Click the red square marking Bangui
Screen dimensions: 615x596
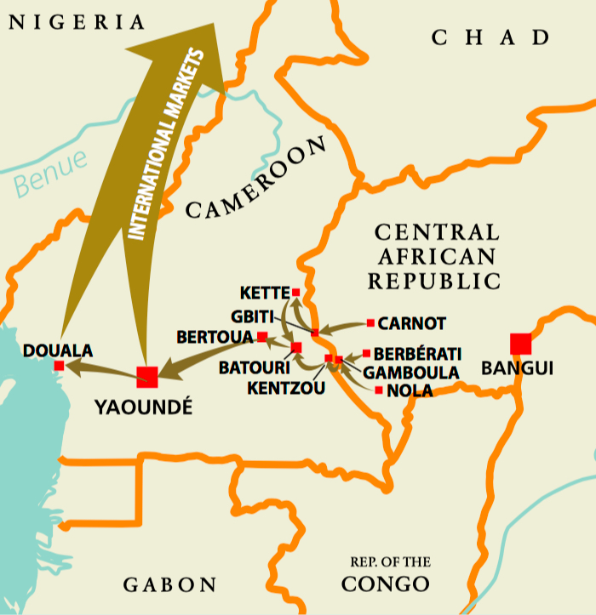tap(520, 344)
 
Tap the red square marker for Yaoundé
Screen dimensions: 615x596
tap(147, 376)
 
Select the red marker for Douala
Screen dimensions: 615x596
tap(59, 366)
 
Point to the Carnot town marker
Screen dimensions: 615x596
tap(370, 323)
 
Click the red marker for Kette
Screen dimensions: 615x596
tap(295, 293)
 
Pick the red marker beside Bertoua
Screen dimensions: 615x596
tap(262, 337)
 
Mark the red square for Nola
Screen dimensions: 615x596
tap(379, 390)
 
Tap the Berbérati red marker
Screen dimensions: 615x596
tap(366, 353)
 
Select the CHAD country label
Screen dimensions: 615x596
tap(490, 37)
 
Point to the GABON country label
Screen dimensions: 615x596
tap(170, 585)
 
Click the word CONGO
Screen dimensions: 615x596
tap(385, 584)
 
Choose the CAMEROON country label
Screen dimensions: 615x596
tap(255, 179)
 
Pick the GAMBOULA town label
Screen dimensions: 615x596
tap(411, 372)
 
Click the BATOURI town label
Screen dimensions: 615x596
tap(248, 368)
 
